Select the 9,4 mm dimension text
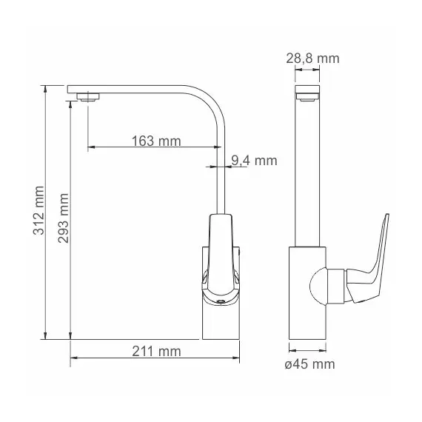click(x=254, y=160)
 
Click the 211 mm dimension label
click(x=155, y=351)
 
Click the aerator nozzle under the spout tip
click(x=90, y=96)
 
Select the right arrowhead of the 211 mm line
click(x=239, y=359)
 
